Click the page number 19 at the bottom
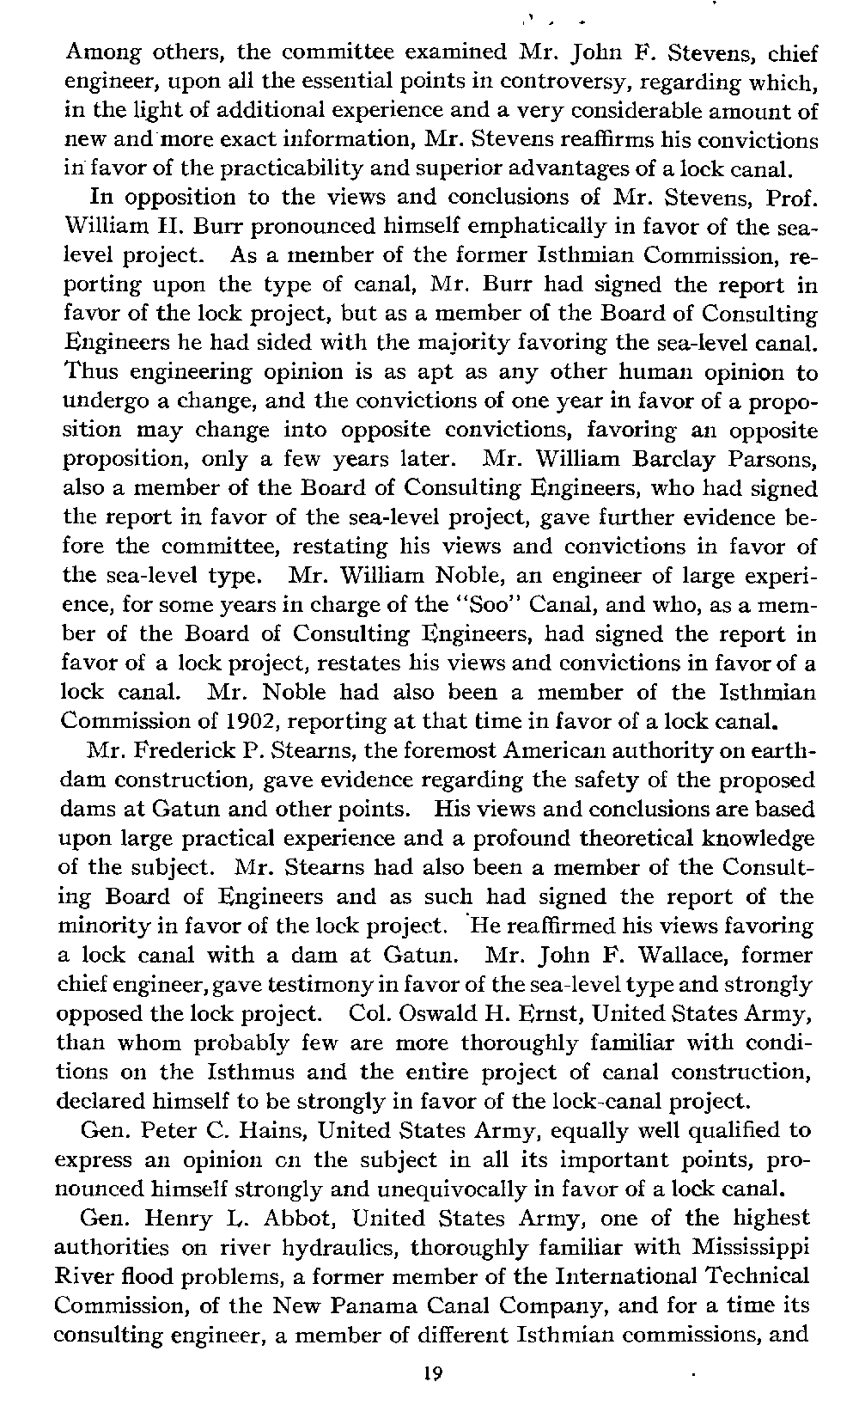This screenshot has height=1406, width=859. [431, 1372]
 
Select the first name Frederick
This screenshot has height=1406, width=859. [186, 751]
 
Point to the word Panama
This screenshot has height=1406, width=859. [366, 1307]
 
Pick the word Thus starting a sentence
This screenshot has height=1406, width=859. [90, 373]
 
